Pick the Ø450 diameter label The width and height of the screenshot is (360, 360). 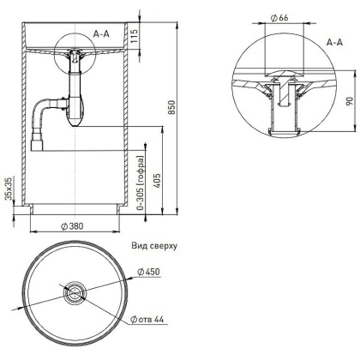[151, 273]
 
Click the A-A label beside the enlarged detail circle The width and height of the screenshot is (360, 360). [336, 39]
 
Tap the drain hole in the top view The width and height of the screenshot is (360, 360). [73, 294]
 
